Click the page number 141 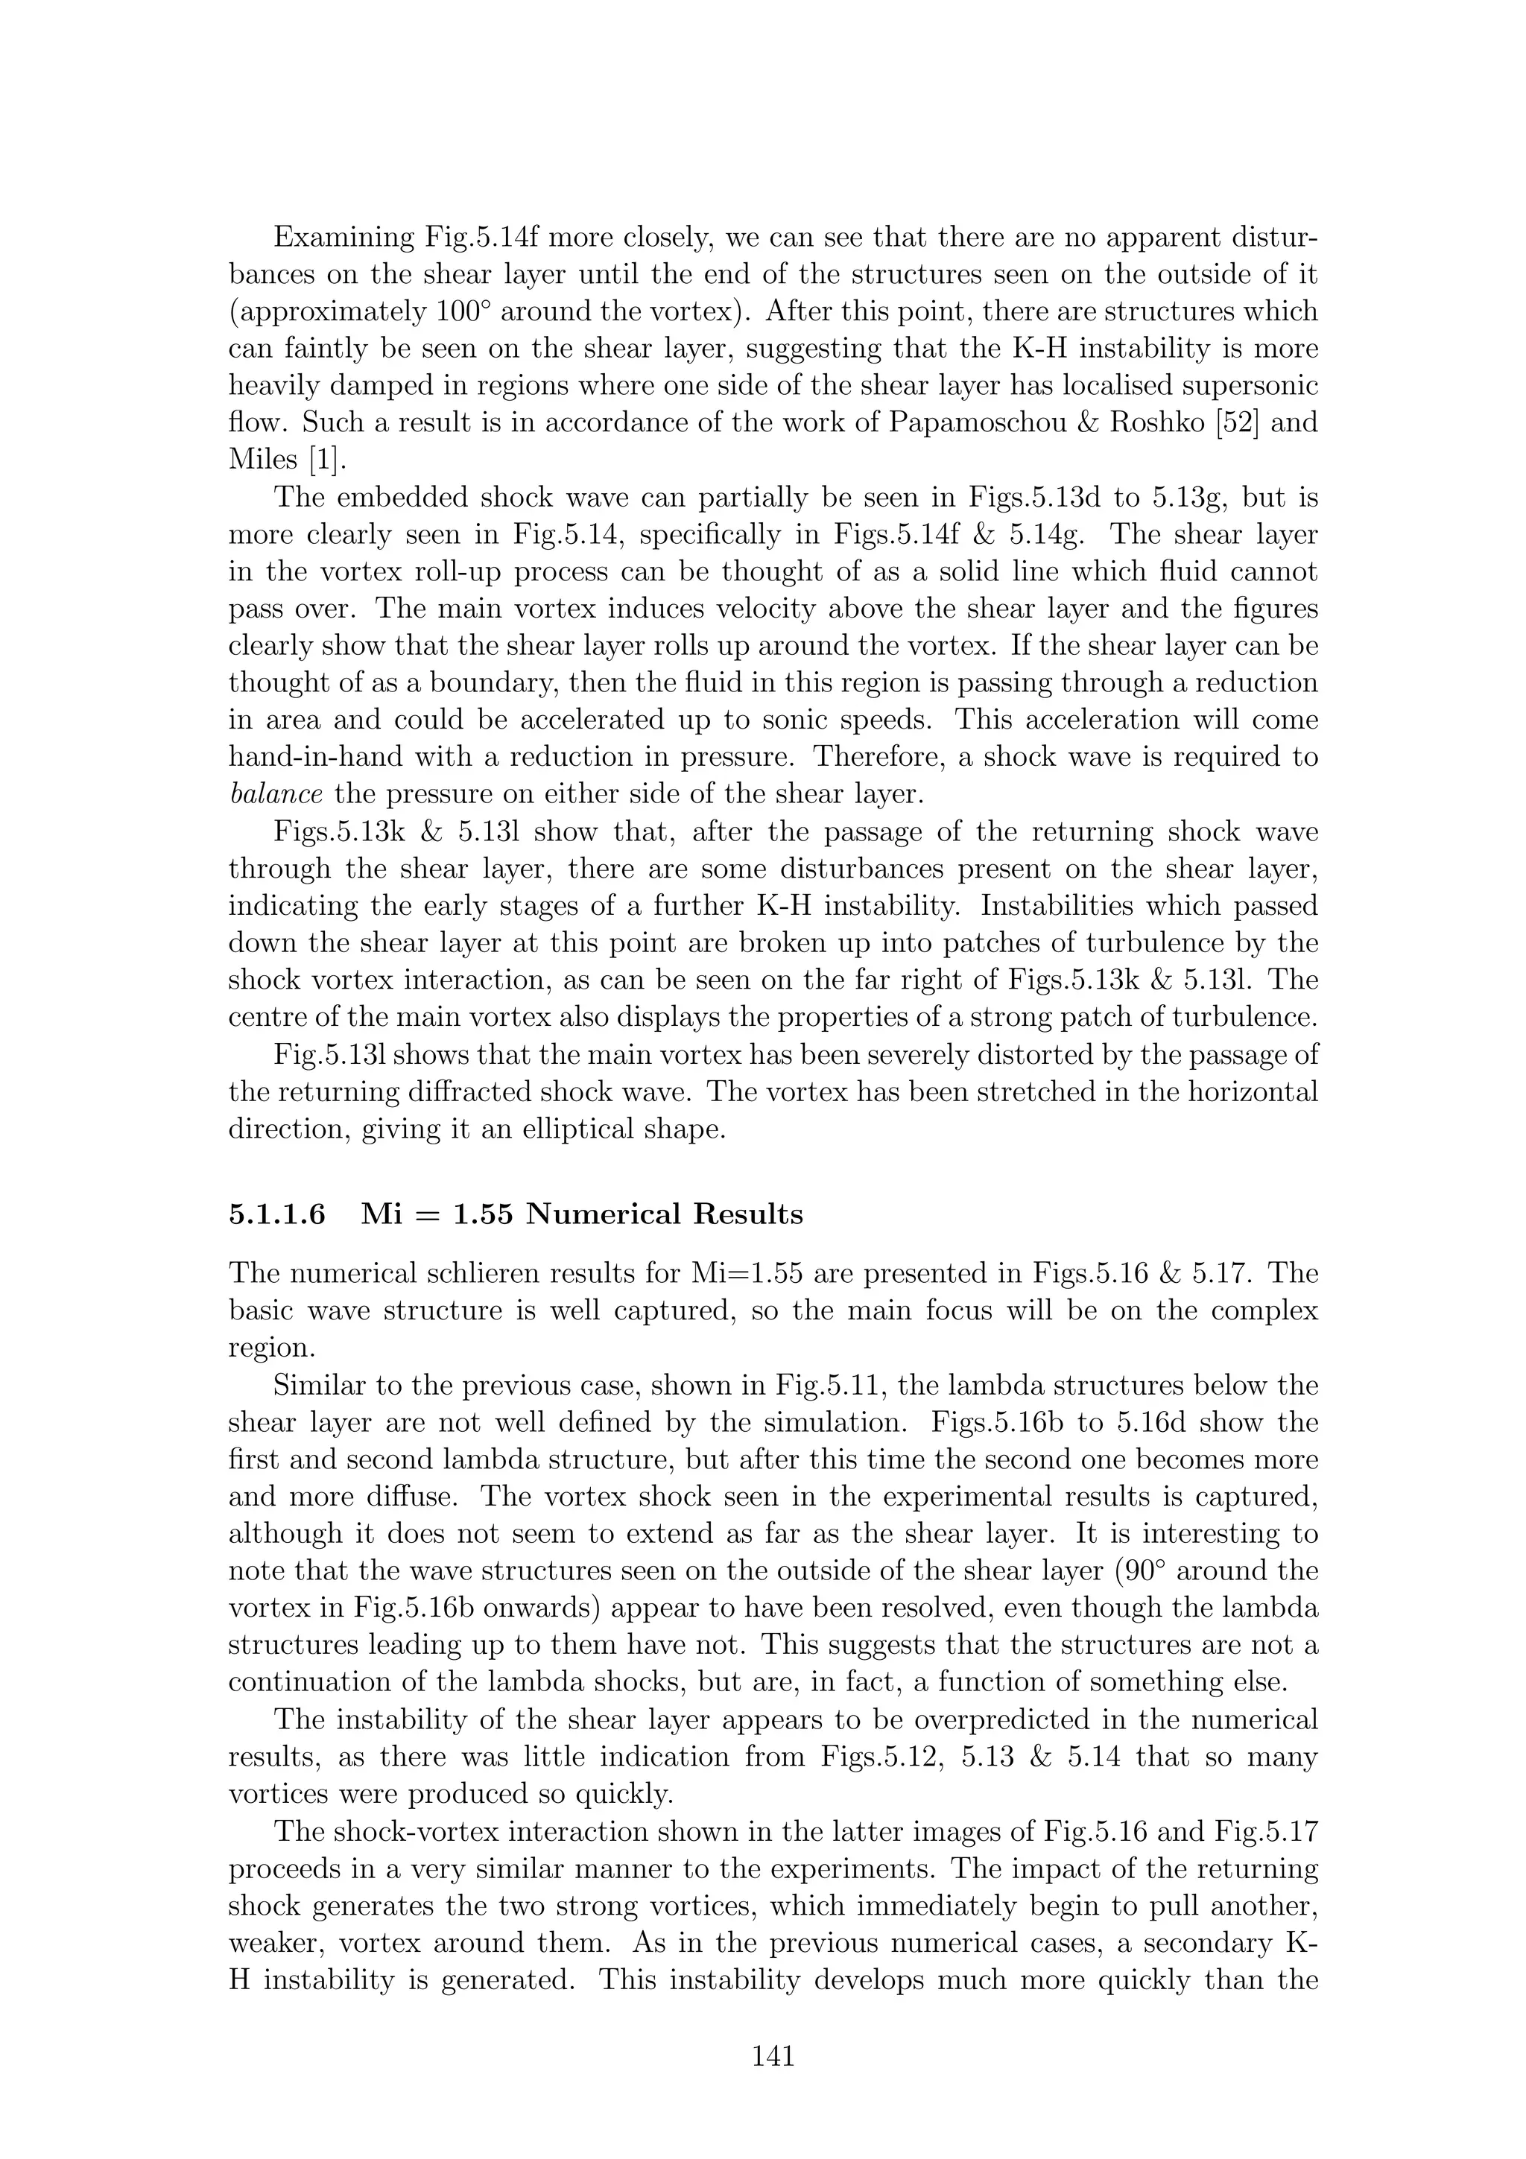[x=773, y=2055]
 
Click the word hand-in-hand [x=314, y=757]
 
